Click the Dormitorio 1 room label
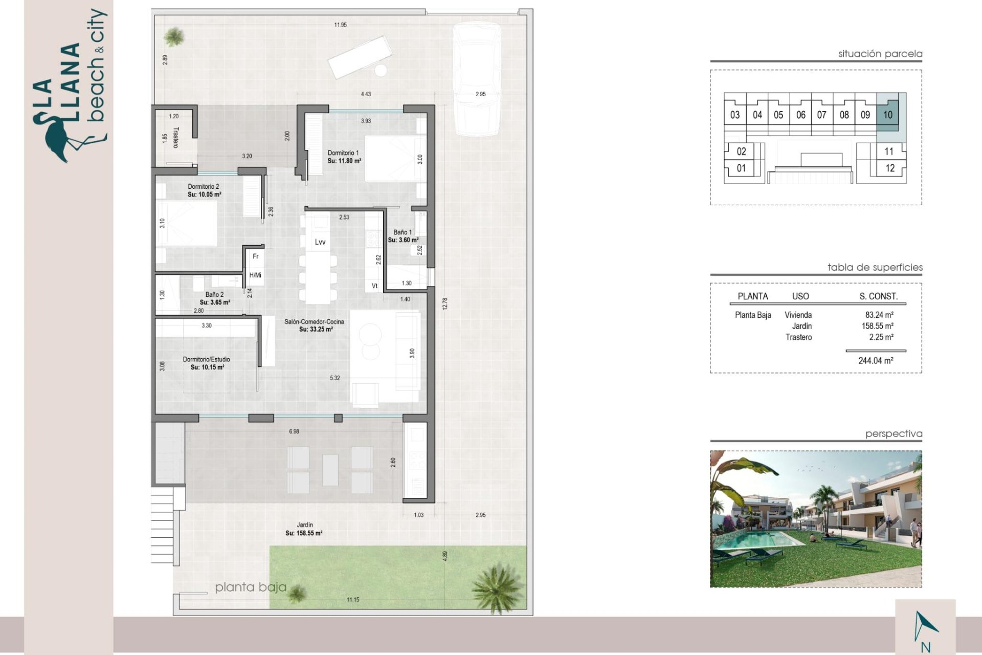(343, 153)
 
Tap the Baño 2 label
(214, 295)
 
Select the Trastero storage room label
(176, 138)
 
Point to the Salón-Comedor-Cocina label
(314, 322)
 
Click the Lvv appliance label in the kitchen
(320, 242)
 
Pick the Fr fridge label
(256, 256)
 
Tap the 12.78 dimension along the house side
(445, 303)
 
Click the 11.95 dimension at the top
(340, 25)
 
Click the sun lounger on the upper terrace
(360, 57)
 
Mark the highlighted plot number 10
(888, 115)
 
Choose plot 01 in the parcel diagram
(741, 168)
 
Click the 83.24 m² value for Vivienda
(879, 315)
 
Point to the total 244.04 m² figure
(876, 361)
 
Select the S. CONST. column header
(878, 296)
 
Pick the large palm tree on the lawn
(497, 587)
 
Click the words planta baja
(251, 587)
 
